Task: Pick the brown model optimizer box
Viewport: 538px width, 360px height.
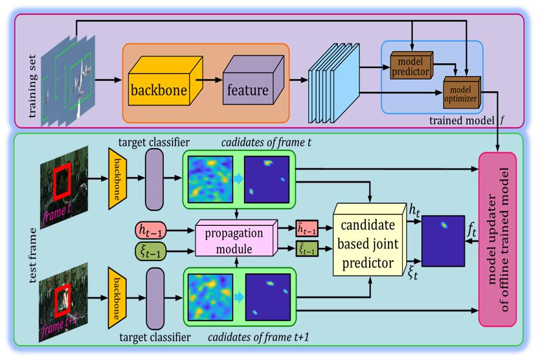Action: point(462,93)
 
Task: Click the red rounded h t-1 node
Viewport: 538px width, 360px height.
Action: point(150,229)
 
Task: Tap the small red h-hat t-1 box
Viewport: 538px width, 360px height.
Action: point(307,229)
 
